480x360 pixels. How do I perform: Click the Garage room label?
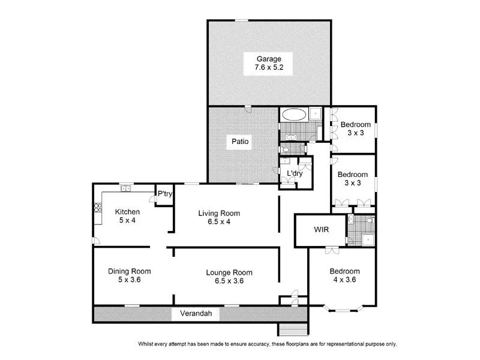(269, 59)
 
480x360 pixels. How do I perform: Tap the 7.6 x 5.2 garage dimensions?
(269, 68)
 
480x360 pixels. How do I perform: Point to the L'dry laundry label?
(294, 173)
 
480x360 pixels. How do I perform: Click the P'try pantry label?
(164, 193)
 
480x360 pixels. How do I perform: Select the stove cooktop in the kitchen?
(97, 208)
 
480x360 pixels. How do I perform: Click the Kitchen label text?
(127, 212)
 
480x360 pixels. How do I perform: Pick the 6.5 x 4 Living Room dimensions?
(219, 221)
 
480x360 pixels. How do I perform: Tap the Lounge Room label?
(222, 271)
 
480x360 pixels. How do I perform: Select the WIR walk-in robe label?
(319, 230)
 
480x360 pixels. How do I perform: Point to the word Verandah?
(189, 314)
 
